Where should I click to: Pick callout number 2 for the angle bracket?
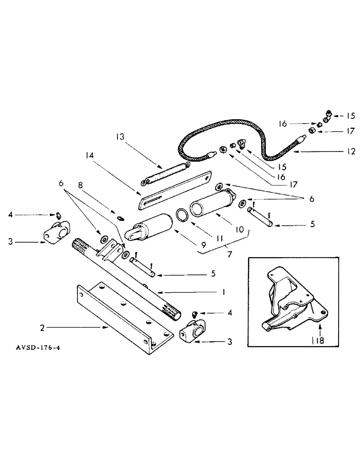43,328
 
